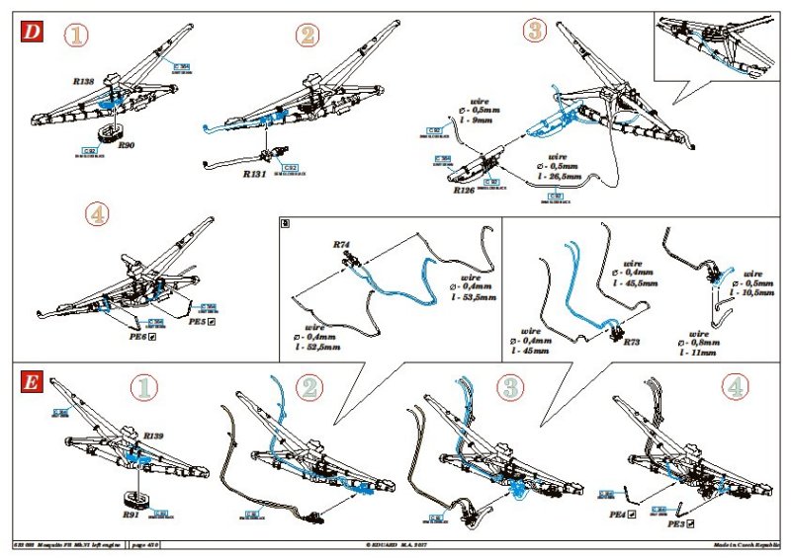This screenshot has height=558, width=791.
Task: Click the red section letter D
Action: pyautogui.click(x=33, y=31)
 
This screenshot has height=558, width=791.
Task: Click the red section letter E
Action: pyautogui.click(x=33, y=383)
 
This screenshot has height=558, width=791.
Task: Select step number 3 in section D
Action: pyautogui.click(x=535, y=31)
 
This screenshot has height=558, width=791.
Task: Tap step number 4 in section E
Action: pyautogui.click(x=733, y=388)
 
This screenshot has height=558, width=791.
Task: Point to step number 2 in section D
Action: pyautogui.click(x=308, y=37)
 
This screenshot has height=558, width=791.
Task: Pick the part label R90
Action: pyautogui.click(x=127, y=145)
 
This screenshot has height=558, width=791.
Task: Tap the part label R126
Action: pyautogui.click(x=465, y=191)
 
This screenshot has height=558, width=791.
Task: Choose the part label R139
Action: pyautogui.click(x=153, y=436)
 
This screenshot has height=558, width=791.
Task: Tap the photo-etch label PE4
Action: pyautogui.click(x=621, y=515)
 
